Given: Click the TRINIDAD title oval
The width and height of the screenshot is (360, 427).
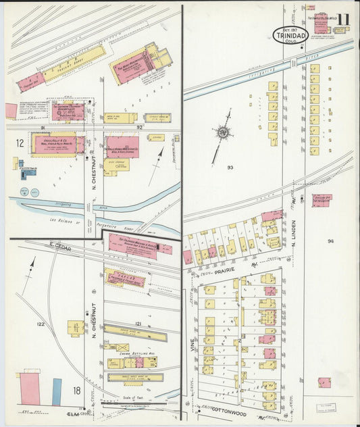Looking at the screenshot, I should pos(290,34).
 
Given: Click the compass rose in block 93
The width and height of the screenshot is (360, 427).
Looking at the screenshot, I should pos(222,132).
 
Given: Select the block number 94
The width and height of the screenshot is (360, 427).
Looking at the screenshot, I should pos(330,241).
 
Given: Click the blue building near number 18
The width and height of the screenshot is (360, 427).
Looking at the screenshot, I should pos(57,392).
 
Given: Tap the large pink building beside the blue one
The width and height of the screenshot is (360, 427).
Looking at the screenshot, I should pos(30,388).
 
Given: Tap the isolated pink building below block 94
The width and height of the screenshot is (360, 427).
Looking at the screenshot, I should pos(324,382).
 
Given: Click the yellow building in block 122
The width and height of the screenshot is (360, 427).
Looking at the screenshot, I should pos(76,328).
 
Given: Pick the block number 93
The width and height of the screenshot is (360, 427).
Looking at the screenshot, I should pos(230,167).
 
